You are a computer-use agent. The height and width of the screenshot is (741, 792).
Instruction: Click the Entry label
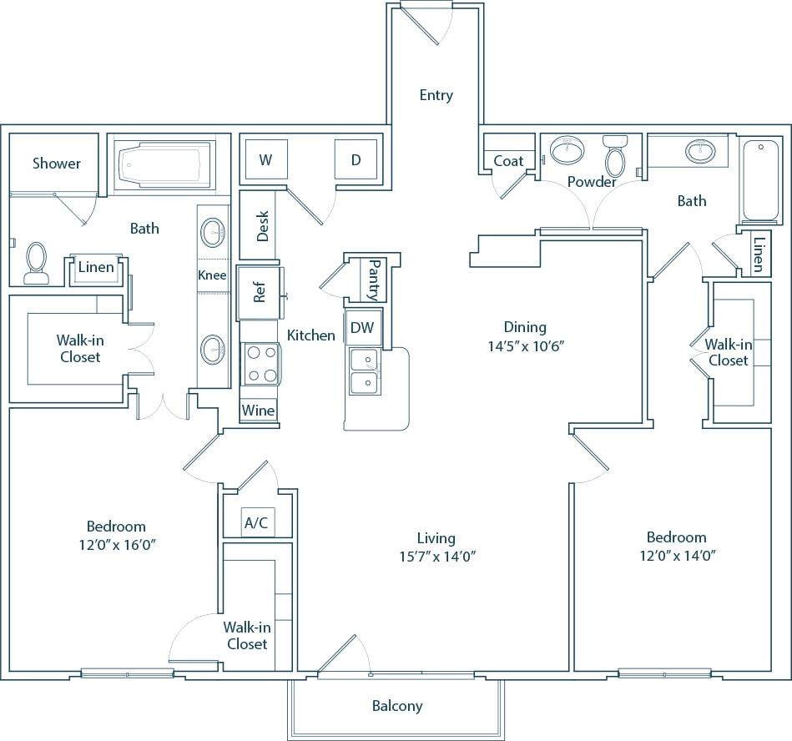[436, 95]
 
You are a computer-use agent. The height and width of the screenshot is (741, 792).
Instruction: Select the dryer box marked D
[356, 159]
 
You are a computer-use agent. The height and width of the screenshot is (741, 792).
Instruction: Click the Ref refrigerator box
[259, 293]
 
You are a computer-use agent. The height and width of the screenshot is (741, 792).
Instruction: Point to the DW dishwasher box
[362, 328]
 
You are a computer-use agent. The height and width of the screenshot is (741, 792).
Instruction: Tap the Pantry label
[373, 280]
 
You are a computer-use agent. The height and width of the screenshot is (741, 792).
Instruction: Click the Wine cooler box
[258, 411]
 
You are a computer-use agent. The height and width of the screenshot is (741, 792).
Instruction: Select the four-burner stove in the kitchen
[259, 365]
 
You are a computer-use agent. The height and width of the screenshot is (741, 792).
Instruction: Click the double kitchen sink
[364, 371]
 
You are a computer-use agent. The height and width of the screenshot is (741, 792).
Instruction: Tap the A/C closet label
[255, 523]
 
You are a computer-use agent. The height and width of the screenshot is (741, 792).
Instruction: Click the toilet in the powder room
[615, 156]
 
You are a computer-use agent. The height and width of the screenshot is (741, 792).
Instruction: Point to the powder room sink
[568, 151]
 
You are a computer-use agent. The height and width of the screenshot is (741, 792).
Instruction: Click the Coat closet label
[508, 160]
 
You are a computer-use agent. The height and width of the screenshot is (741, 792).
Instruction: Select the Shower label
[57, 163]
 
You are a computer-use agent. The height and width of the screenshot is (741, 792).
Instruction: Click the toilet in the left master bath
[36, 263]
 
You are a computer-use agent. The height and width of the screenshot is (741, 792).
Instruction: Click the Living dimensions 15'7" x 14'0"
[436, 557]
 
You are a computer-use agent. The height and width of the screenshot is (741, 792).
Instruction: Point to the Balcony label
[397, 706]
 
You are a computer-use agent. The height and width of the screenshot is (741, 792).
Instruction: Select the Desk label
[263, 225]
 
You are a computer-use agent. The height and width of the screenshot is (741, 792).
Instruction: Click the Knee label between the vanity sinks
[212, 275]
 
